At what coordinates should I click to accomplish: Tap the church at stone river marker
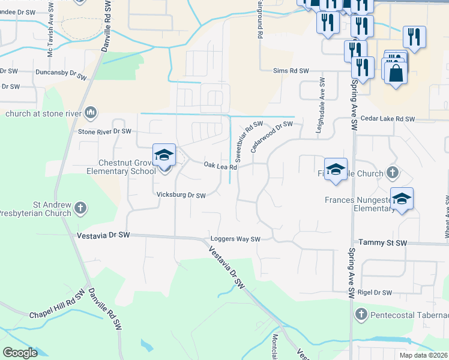91,112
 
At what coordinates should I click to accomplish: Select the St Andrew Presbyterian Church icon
80,208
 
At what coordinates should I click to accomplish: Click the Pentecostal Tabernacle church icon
361,314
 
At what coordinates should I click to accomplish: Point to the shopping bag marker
396,74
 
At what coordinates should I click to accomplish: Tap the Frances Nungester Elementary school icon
402,199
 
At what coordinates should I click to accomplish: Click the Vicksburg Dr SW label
181,195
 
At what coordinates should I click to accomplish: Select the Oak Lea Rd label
220,165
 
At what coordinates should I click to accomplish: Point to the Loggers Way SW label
235,239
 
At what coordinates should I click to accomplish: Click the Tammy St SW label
382,242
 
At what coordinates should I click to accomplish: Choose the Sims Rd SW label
291,71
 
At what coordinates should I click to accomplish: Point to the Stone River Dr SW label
104,131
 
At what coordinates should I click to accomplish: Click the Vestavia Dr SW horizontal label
103,236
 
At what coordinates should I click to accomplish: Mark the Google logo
20,353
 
